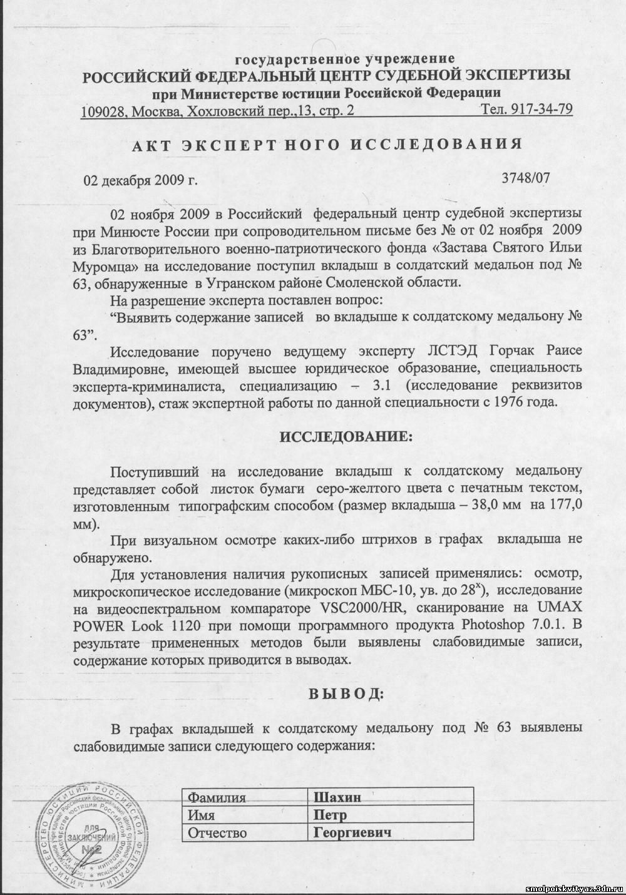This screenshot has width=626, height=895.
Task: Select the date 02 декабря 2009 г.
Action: click(140, 181)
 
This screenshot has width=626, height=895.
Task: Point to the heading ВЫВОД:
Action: click(346, 693)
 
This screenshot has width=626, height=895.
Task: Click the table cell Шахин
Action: click(338, 797)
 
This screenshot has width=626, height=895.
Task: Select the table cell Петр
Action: click(331, 815)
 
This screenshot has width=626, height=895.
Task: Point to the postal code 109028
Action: click(103, 112)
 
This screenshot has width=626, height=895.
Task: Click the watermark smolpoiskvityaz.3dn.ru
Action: click(572, 889)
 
